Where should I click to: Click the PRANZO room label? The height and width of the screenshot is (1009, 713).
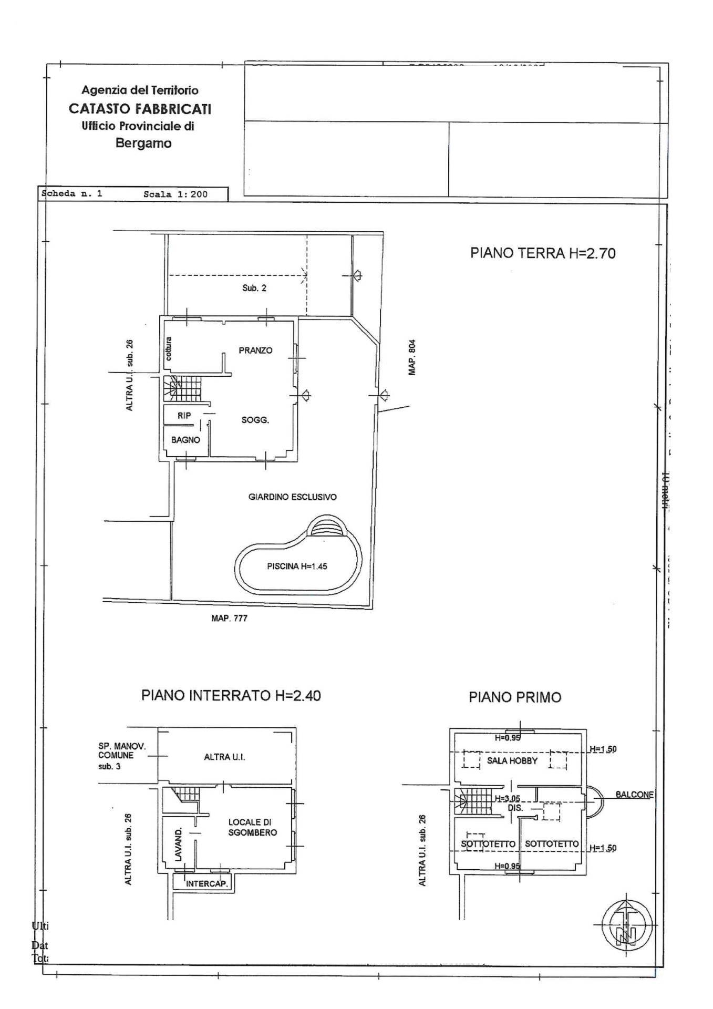point(255,351)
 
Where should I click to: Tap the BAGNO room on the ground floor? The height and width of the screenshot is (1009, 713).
point(185,440)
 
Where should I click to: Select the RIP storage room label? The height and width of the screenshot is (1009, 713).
point(184,416)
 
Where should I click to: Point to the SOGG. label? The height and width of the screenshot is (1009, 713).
point(255,420)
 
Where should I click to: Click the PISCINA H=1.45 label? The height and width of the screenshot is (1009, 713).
point(297,567)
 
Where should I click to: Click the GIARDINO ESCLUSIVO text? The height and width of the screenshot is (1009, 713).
point(292,497)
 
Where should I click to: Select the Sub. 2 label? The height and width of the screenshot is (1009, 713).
point(254,288)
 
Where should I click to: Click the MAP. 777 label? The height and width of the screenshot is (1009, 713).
point(229,619)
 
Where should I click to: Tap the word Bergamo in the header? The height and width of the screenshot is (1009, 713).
point(143,143)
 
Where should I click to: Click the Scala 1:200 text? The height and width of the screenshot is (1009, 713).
point(175,194)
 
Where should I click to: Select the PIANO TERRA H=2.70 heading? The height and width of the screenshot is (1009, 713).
point(543,253)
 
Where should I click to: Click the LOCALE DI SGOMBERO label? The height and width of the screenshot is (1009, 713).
point(252,827)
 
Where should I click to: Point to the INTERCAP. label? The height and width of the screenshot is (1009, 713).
point(207,884)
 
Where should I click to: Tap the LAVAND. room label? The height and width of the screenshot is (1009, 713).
point(179,844)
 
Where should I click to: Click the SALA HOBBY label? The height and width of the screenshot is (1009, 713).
point(512,760)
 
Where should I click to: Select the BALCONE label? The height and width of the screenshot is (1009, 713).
point(634,795)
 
